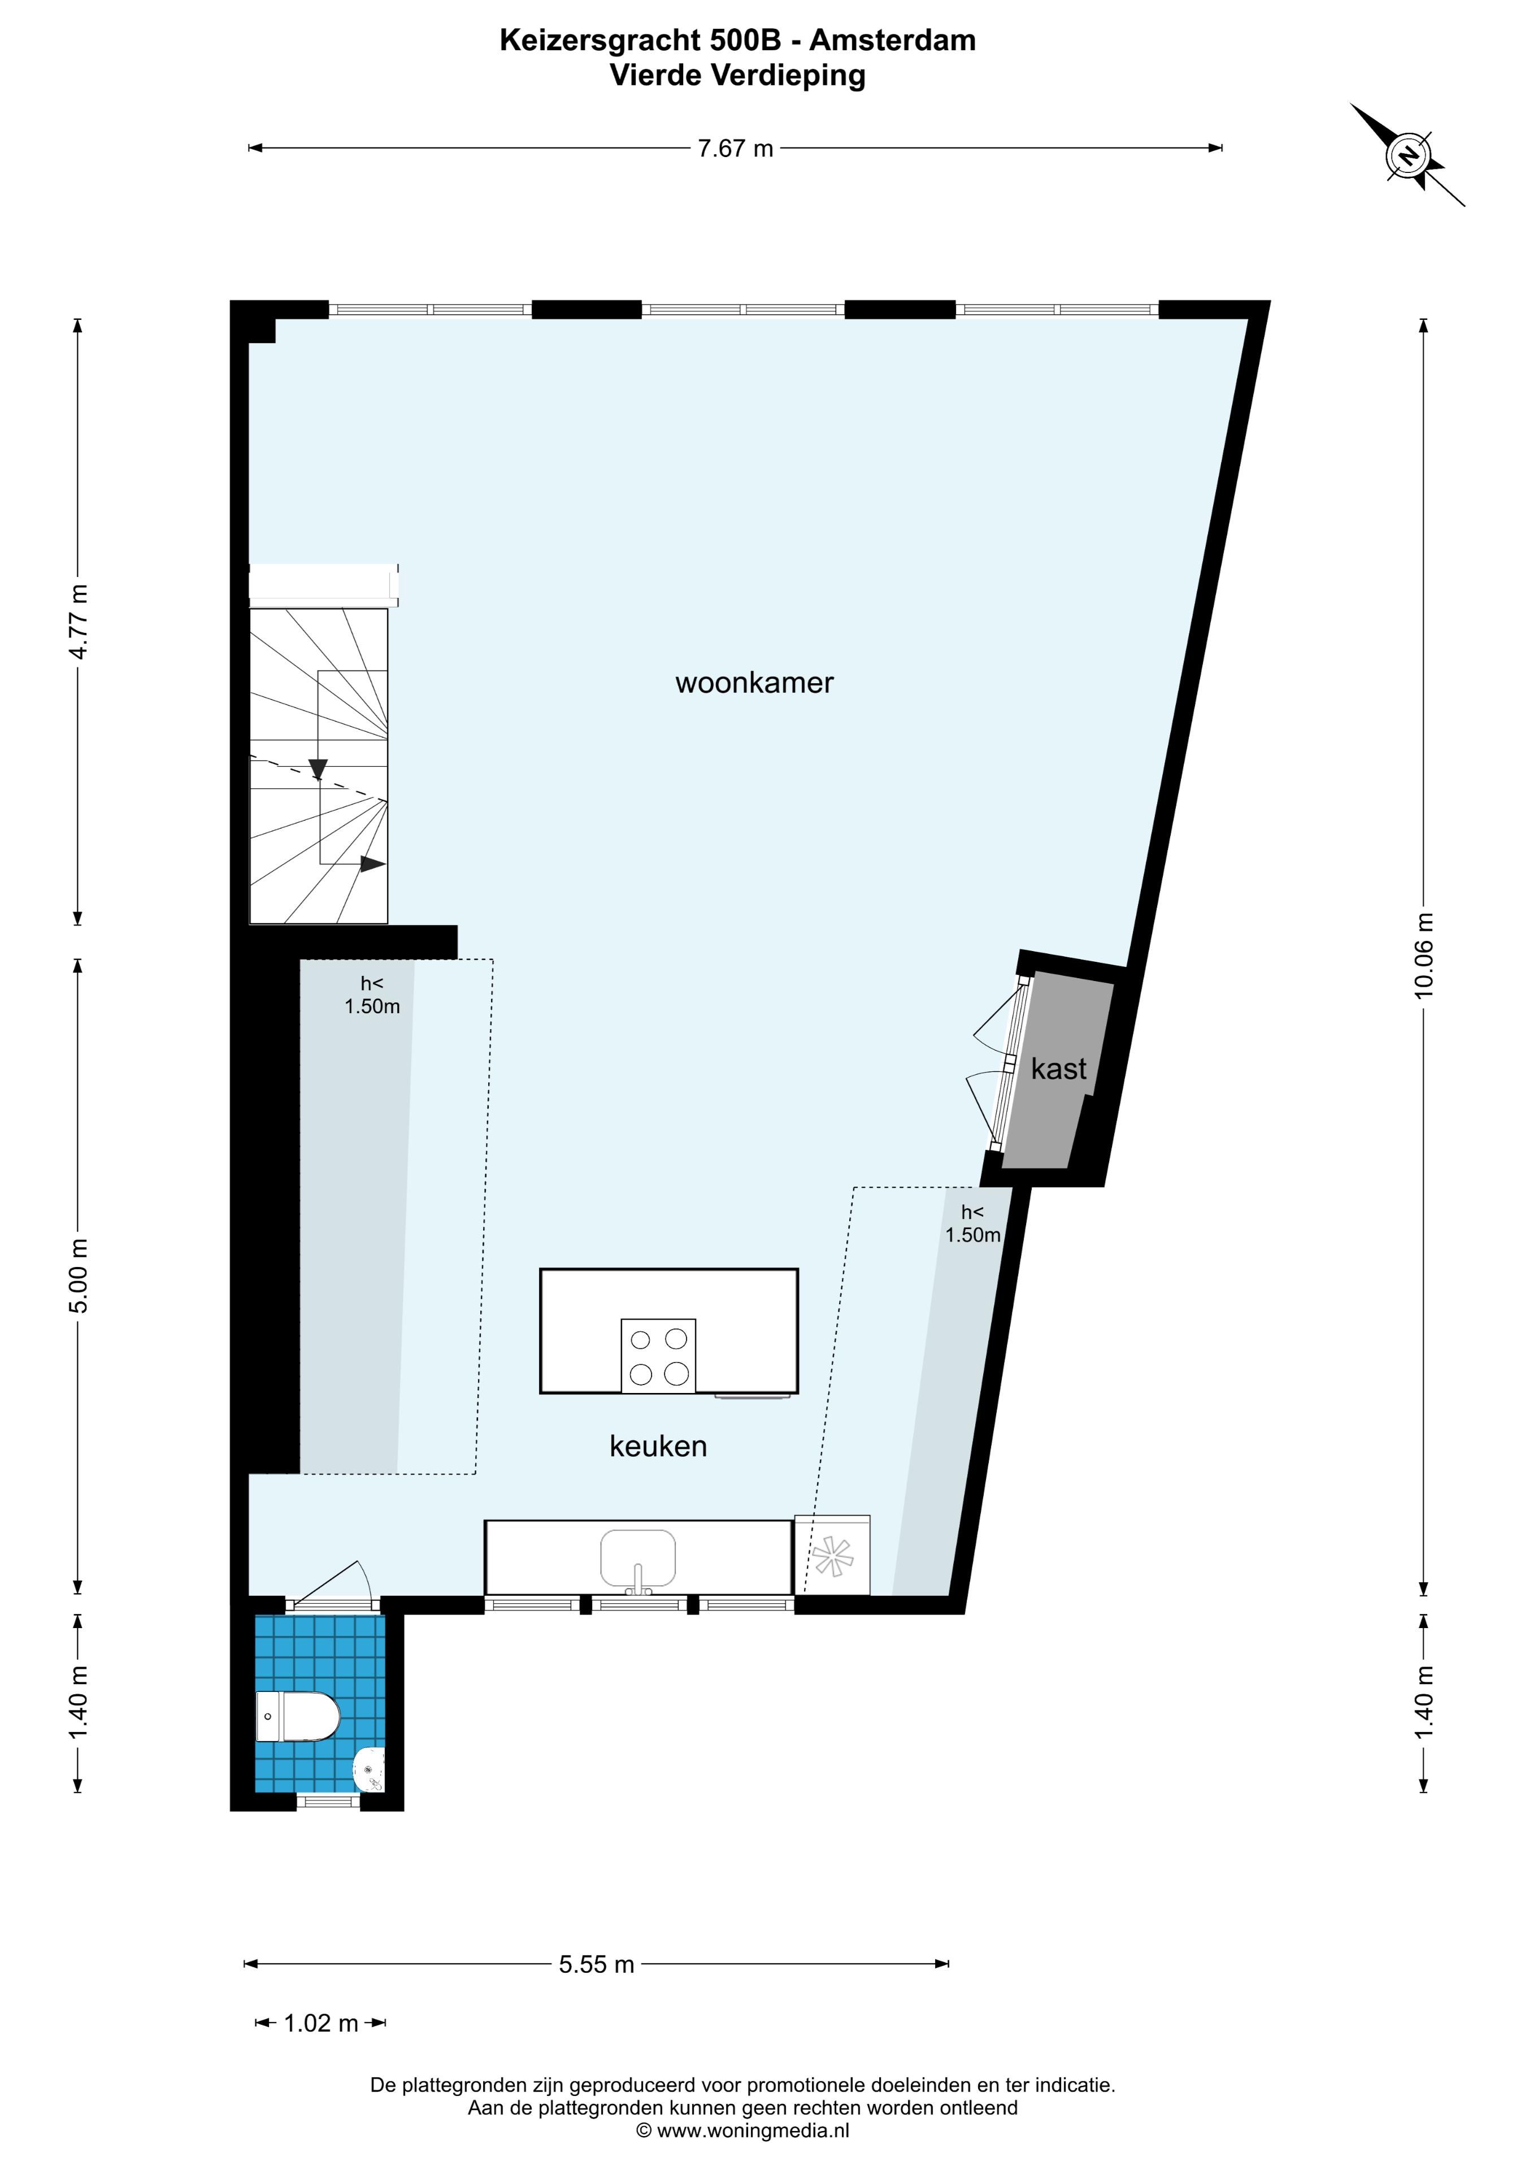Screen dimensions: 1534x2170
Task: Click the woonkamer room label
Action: [x=754, y=683]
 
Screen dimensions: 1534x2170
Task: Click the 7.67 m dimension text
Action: [x=735, y=149]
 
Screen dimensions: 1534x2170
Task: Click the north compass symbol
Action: [x=1409, y=156]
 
